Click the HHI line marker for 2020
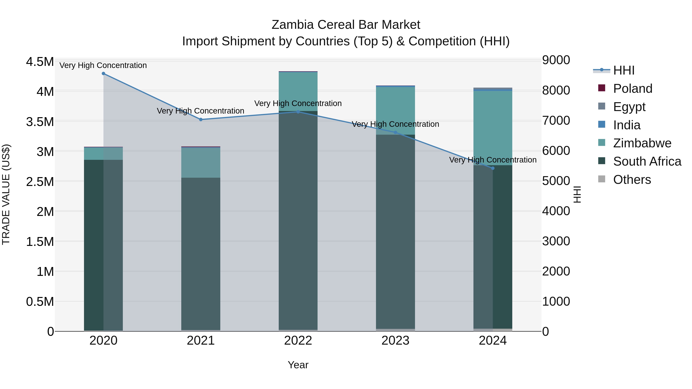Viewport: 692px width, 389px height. coord(103,74)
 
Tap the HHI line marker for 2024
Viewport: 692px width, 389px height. coord(493,168)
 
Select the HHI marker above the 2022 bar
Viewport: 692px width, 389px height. coord(298,112)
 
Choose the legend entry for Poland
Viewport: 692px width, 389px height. coord(632,89)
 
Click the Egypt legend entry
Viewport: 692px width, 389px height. coord(629,107)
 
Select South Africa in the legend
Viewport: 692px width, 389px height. coord(647,162)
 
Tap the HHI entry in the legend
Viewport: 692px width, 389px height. coord(624,70)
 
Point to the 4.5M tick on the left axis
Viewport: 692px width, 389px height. coord(40,62)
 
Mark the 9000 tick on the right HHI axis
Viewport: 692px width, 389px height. coord(556,60)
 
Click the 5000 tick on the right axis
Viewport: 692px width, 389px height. coord(556,181)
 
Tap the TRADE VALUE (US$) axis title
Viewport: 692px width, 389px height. coord(6,194)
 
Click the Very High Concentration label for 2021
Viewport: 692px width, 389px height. coord(200,111)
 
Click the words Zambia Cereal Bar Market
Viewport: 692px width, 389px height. coord(346,25)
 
